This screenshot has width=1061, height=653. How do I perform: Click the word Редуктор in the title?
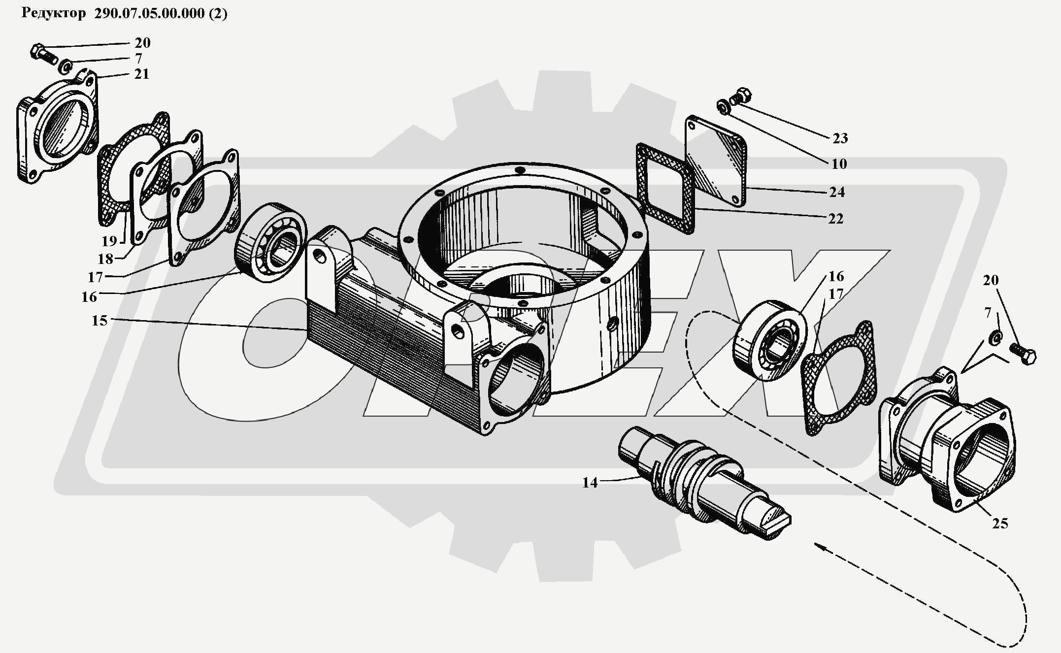pyautogui.click(x=54, y=13)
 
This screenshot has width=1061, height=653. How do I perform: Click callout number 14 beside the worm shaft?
pyautogui.click(x=590, y=483)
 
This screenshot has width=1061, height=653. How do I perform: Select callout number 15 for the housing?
pyautogui.click(x=99, y=321)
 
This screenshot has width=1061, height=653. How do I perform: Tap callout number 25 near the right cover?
pyautogui.click(x=1000, y=523)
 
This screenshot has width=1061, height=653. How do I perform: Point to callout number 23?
pyautogui.click(x=840, y=138)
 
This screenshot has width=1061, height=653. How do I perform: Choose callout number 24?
pyautogui.click(x=837, y=192)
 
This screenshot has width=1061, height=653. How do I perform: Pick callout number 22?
pyautogui.click(x=835, y=219)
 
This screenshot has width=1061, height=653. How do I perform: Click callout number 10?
pyautogui.click(x=839, y=164)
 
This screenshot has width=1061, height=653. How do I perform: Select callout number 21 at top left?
pyautogui.click(x=141, y=74)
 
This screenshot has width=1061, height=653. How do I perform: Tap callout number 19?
pyautogui.click(x=109, y=241)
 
